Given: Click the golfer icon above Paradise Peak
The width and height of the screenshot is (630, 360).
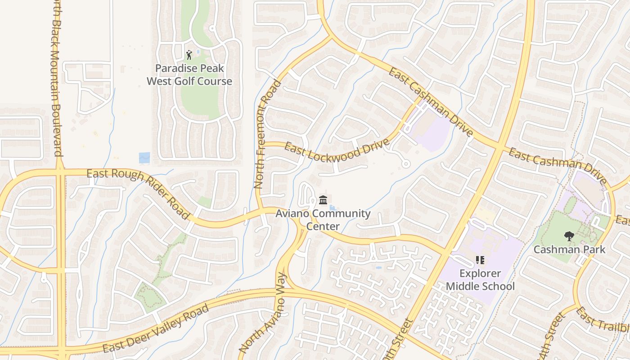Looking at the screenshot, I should tap(189, 55).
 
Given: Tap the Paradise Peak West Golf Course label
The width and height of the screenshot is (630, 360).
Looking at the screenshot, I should tap(189, 75).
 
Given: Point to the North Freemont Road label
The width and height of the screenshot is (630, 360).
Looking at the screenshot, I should tap(267, 134).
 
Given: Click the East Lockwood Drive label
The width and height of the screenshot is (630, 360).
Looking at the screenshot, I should tap(337, 152).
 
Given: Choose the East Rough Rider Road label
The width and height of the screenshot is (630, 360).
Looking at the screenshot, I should tap(138, 192).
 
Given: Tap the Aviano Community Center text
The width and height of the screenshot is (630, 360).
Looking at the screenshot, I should tap(323, 220).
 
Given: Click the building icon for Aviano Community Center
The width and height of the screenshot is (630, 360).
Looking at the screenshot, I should tap(323, 200).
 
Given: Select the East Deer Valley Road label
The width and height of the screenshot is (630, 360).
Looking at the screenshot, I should tap(156, 328).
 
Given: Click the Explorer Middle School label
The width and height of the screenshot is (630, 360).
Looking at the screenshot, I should tap(480, 280).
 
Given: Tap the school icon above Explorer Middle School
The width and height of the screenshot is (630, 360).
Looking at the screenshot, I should tap(480, 260).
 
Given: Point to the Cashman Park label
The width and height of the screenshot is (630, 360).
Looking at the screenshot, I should tap(569, 249).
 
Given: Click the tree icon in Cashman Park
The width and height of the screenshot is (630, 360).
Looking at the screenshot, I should tap(569, 235).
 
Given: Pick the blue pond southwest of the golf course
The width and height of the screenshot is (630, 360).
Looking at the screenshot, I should tap(144, 157).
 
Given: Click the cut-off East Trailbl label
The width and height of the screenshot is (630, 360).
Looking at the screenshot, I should tap(603, 320).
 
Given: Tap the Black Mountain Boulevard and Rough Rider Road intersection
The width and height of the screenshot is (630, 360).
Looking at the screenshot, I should tap(60, 171).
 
